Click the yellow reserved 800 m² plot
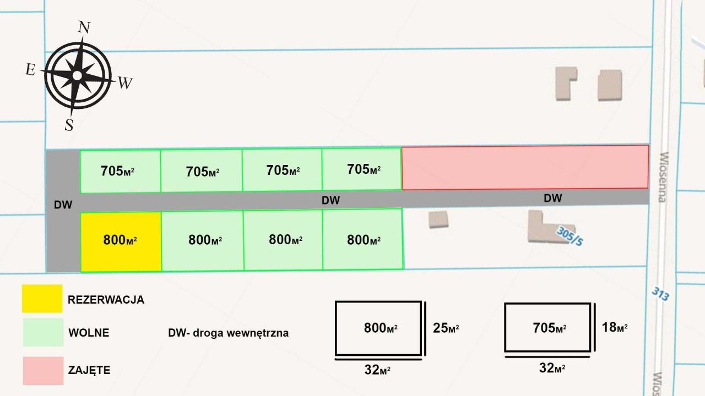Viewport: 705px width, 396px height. tap(121, 241)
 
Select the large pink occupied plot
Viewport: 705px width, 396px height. tap(525, 167)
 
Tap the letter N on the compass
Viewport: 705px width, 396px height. tap(84, 28)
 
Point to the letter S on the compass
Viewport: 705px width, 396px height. tap(69, 125)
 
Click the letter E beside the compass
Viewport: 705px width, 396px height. tap(30, 69)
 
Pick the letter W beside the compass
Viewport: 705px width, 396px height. tap(125, 84)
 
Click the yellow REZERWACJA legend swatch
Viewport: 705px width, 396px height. tap(42, 299)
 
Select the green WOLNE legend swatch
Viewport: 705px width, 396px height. tap(43, 332)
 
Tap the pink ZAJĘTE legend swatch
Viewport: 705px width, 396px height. tap(43, 370)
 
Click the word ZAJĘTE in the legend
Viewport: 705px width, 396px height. tap(89, 370)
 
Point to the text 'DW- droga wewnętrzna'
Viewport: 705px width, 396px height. tap(228, 333)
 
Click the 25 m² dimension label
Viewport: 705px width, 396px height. tap(446, 328)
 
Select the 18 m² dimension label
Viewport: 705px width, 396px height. tap(614, 327)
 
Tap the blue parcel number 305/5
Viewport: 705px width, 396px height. tap(569, 237)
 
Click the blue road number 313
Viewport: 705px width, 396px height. tap(660, 293)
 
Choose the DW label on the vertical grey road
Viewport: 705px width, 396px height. tap(63, 205)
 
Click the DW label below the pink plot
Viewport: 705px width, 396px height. tap(552, 198)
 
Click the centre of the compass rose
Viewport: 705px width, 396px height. tap(78, 74)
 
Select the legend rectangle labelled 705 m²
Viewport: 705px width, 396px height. tap(548, 327)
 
